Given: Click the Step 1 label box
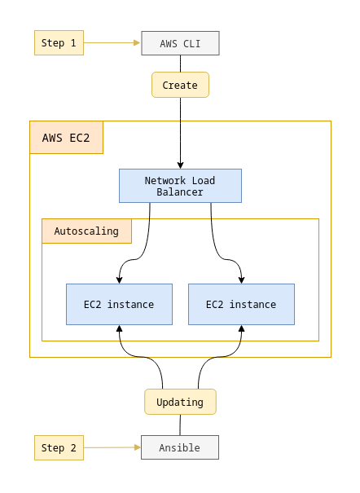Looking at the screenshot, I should click(x=59, y=42).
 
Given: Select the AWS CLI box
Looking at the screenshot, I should click(x=180, y=42).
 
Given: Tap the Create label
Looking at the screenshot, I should click(x=180, y=85).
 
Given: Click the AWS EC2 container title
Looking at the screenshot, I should click(x=66, y=138).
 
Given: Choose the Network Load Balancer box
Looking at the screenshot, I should click(x=180, y=186).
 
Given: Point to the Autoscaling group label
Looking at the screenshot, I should click(x=86, y=231).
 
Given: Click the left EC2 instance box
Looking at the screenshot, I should click(x=119, y=304).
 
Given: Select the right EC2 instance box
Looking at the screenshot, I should click(x=241, y=304).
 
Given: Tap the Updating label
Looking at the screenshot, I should click(x=180, y=402).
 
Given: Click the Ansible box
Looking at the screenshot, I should click(x=180, y=447).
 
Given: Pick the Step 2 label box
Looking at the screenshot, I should click(x=59, y=447).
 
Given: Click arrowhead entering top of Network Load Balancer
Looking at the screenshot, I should click(x=180, y=165).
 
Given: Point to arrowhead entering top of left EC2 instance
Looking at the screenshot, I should click(x=119, y=280).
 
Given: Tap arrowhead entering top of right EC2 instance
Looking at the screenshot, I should click(x=241, y=280).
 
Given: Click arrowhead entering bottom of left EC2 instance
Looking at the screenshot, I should click(x=119, y=329).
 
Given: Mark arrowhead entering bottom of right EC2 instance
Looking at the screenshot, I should click(x=241, y=329).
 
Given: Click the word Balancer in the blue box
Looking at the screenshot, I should click(x=180, y=192).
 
